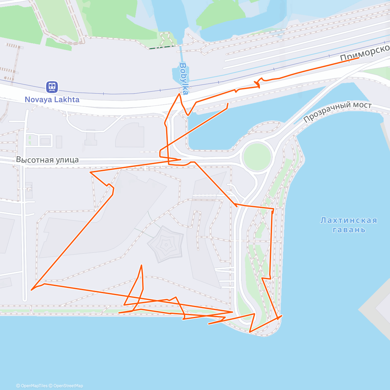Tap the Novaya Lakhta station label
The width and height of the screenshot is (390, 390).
coord(52,99)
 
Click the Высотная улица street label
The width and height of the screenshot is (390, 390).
coord(47,160)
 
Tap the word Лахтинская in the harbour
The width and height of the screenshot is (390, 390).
coord(349,220)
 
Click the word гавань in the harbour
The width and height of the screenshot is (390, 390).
coord(349,230)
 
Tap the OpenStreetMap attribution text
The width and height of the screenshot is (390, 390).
coord(68,386)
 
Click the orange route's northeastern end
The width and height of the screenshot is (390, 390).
coord(359,58)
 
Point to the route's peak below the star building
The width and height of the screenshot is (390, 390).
coord(141,265)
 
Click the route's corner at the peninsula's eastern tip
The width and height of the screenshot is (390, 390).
coord(281,316)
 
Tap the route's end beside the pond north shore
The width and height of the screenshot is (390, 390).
coord(228,103)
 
